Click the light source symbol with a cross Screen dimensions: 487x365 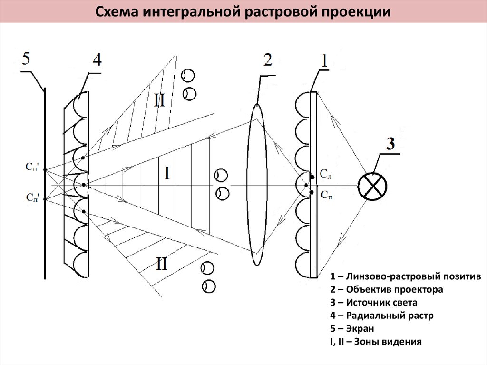[x=372, y=186]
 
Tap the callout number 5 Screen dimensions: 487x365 [x=26, y=59]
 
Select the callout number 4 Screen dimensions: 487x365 [x=97, y=59]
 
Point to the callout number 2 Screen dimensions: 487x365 [x=267, y=59]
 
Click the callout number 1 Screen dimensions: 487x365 [x=324, y=60]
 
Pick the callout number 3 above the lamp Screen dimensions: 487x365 [x=390, y=144]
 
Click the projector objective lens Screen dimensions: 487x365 [x=257, y=184]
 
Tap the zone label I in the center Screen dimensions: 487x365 [x=167, y=173]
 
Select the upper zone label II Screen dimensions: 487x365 [x=159, y=100]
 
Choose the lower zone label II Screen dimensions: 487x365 [x=162, y=264]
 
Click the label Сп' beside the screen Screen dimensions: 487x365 [x=32, y=167]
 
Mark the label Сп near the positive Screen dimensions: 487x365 [x=327, y=195]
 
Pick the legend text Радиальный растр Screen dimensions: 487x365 [x=390, y=316]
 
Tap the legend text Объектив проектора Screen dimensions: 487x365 [x=394, y=289]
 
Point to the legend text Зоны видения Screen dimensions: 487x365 [x=388, y=341]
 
